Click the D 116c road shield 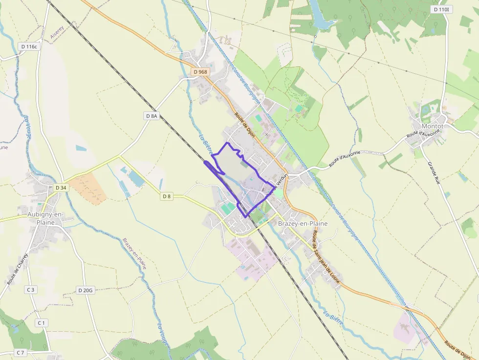pos(29,46)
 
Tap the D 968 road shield pos(200,72)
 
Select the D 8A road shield pos(152,116)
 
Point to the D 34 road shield pos(61,188)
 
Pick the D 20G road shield pos(85,290)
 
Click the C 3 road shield pos(31,290)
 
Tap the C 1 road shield pos(41,323)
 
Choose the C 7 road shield pos(20,352)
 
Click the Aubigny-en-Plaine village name pos(41,218)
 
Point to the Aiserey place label pos(57,32)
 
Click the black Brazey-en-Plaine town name pos(303,223)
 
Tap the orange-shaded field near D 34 pos(88,188)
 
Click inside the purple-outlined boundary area pos(235,169)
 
